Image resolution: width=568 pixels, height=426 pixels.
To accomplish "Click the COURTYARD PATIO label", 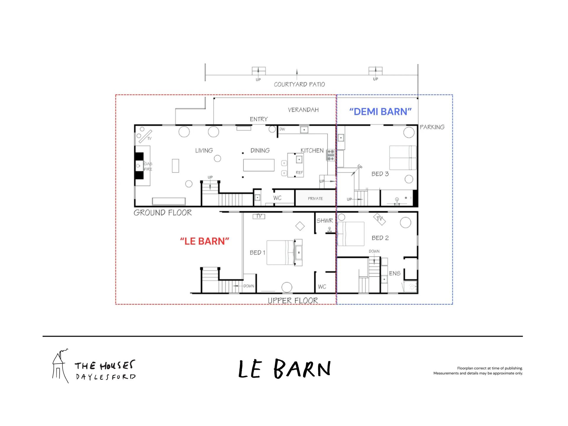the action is (x=299, y=84).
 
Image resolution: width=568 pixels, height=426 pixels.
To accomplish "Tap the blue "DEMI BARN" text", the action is (x=380, y=112).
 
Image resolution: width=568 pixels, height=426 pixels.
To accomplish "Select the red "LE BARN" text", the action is (x=205, y=241).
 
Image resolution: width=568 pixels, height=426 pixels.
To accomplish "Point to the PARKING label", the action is (x=432, y=127).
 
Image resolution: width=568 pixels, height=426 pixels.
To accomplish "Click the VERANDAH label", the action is (x=303, y=110).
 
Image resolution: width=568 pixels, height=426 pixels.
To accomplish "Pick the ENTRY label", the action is (x=259, y=119).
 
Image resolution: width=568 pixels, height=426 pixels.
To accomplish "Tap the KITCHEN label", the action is (x=312, y=150).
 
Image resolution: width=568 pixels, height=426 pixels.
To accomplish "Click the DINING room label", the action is (x=260, y=150).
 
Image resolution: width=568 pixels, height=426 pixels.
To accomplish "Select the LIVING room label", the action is (x=204, y=150).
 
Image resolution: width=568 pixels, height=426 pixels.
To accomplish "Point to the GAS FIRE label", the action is (x=148, y=166).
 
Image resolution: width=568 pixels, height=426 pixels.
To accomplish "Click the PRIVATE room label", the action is (x=315, y=199).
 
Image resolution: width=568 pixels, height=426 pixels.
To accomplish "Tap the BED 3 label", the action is (x=380, y=174).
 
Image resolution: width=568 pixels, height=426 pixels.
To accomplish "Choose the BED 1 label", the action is (x=257, y=252).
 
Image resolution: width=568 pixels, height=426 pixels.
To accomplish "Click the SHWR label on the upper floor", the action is (x=325, y=220).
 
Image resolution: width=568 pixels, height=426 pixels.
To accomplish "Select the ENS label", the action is (x=395, y=273).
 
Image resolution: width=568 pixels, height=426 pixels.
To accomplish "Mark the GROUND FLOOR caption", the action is (x=162, y=212).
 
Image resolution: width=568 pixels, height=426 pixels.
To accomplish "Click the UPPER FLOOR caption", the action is (x=293, y=301).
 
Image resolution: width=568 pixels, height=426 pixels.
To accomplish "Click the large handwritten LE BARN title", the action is (x=285, y=369).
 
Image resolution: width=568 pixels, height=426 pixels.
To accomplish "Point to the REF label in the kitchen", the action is (x=299, y=172).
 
